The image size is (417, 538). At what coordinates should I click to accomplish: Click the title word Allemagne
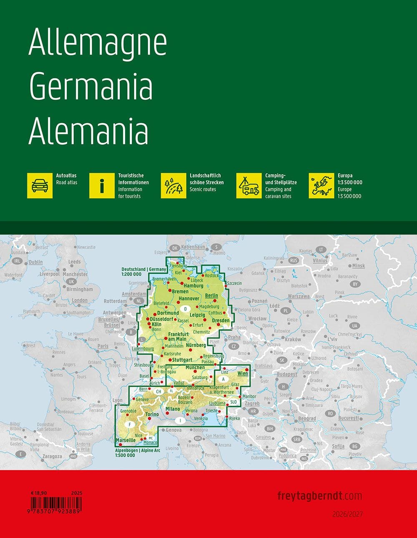(98, 44)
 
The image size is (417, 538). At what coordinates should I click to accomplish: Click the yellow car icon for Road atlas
(40, 186)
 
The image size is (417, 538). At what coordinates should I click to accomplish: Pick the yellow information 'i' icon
(102, 186)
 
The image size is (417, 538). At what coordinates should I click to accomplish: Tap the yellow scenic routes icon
(173, 186)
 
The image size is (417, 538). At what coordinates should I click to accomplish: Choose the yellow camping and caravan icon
(249, 186)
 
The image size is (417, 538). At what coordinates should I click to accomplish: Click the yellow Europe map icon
(321, 186)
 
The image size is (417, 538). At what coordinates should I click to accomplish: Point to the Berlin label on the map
(212, 295)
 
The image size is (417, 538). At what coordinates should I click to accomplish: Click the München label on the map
(195, 368)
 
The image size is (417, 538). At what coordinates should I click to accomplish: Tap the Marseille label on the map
(126, 440)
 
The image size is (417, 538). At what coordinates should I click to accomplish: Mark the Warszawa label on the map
(299, 296)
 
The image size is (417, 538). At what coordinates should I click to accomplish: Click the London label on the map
(80, 300)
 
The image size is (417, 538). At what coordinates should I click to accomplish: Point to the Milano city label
(173, 409)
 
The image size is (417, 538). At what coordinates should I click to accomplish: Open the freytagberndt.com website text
(319, 496)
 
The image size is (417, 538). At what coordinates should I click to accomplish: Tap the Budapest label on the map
(287, 374)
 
